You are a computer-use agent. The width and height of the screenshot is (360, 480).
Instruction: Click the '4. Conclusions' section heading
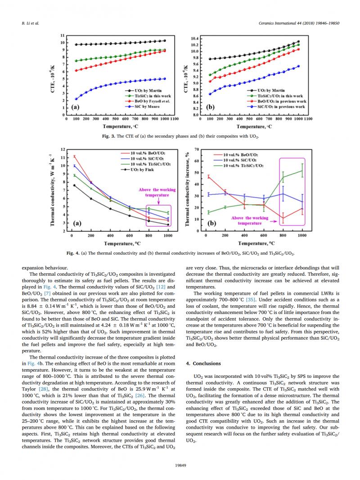[203, 363]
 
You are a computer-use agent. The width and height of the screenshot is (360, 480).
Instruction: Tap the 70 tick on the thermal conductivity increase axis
[197, 149]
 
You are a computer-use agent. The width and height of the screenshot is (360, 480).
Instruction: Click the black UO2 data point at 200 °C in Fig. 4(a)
[91, 198]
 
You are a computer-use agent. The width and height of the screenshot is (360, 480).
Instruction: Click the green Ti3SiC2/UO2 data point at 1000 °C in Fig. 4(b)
[302, 170]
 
